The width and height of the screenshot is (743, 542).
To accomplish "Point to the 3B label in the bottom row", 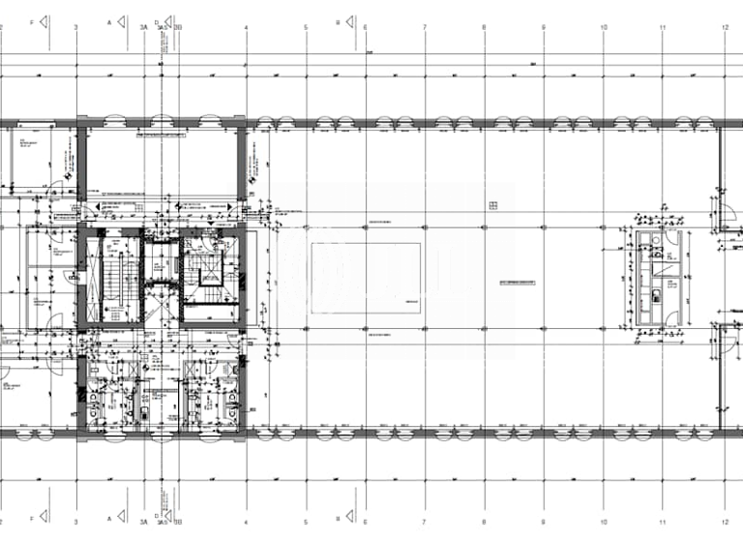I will pyautogui.click(x=178, y=519).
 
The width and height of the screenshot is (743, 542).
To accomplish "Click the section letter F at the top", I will pyautogui.click(x=32, y=20).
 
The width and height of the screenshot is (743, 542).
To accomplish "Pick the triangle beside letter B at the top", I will pyautogui.click(x=349, y=20).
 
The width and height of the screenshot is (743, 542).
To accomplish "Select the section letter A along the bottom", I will pyautogui.click(x=110, y=519).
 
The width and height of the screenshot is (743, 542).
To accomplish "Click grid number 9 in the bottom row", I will pyautogui.click(x=544, y=519).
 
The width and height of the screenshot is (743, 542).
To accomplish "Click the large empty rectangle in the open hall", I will pyautogui.click(x=366, y=277).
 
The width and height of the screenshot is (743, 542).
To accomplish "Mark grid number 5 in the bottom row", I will pyautogui.click(x=306, y=519).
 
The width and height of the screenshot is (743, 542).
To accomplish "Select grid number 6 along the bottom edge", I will pyautogui.click(x=366, y=519).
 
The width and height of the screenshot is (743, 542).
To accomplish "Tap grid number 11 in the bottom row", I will pyautogui.click(x=664, y=519).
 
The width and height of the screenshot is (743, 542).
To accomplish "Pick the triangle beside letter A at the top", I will pyautogui.click(x=123, y=20).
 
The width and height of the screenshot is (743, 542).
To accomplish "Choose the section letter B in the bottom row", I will pyautogui.click(x=337, y=519).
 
